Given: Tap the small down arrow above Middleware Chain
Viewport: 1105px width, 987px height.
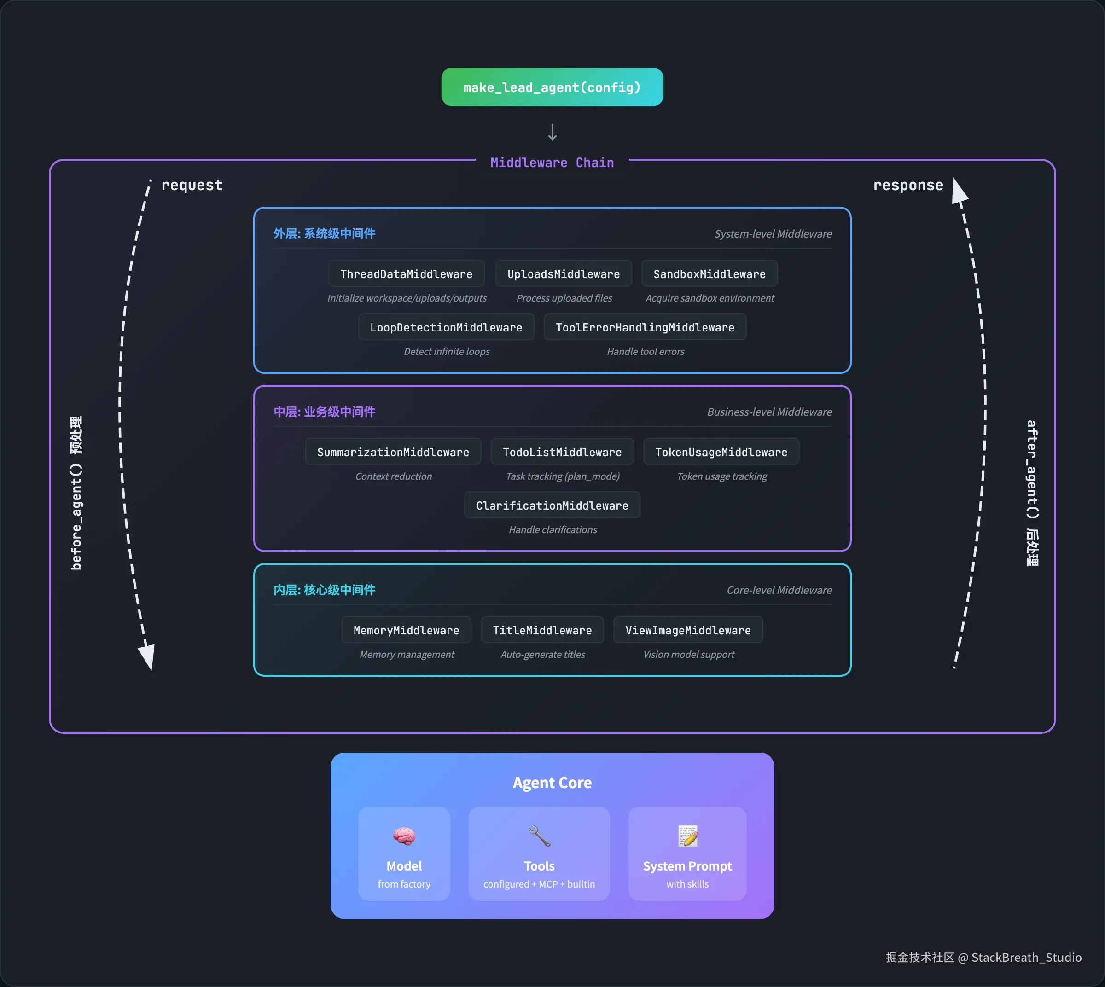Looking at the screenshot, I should (552, 132).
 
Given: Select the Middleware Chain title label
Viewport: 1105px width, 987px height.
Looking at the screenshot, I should (552, 163).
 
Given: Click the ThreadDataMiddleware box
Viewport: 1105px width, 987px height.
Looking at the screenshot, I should (406, 274).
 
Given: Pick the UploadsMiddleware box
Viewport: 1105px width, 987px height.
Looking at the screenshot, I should (563, 274).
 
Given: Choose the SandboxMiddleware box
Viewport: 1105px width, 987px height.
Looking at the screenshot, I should (709, 274).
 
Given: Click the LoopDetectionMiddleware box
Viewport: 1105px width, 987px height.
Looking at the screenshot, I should (446, 327).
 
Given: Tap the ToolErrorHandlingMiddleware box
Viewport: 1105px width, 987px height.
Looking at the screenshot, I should (645, 327).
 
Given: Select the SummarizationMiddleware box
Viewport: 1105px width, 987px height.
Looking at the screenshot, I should (393, 452).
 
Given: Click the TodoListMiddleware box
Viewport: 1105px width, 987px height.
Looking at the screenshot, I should (562, 452).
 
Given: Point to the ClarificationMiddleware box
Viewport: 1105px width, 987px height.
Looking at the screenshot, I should (552, 505).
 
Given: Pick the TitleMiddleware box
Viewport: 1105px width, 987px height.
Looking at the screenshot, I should (542, 630).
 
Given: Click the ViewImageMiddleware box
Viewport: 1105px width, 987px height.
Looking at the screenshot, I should (687, 630).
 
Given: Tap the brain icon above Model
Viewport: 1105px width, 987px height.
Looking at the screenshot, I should (404, 836).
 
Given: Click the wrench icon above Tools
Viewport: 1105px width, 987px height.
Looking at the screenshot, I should (539, 836).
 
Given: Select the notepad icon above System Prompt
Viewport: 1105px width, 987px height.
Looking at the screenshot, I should (687, 836).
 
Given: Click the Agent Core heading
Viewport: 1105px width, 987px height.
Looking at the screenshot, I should (552, 783).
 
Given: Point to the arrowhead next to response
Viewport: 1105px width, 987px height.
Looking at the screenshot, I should (959, 191).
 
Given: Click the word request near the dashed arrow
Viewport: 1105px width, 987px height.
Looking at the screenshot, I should (192, 185).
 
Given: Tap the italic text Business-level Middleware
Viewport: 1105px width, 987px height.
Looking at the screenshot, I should (769, 412).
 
